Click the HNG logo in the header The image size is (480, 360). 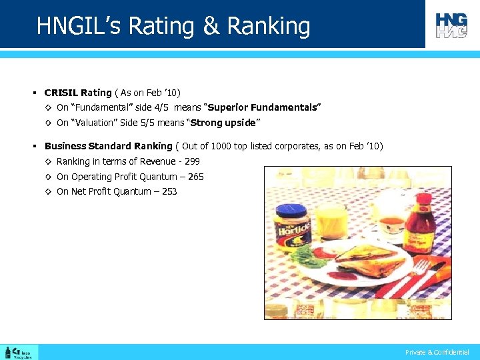click(451, 25)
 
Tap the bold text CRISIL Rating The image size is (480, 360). click(78, 93)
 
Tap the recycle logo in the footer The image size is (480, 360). click(19, 352)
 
